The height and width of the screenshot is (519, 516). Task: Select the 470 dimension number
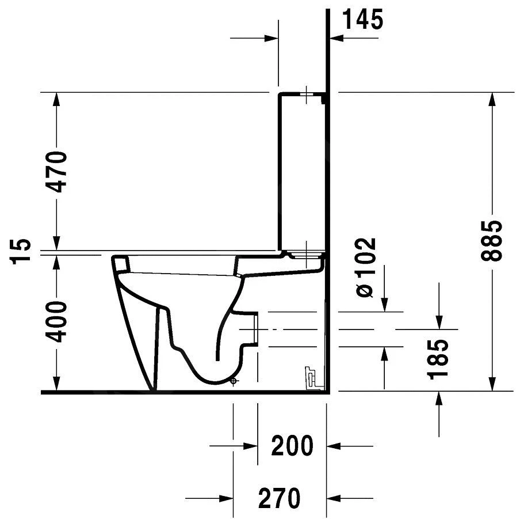pyautogui.click(x=58, y=172)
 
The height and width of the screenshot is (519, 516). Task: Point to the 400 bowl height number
pyautogui.click(x=58, y=321)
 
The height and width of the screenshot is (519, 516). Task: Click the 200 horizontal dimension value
pyautogui.click(x=292, y=446)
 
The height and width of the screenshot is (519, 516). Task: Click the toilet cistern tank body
pyautogui.click(x=302, y=173)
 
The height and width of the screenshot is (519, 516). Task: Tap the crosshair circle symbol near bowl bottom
pyautogui.click(x=233, y=381)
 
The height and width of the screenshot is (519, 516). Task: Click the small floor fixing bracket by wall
pyautogui.click(x=311, y=378)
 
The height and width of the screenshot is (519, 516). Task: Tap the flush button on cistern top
pyautogui.click(x=307, y=94)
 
